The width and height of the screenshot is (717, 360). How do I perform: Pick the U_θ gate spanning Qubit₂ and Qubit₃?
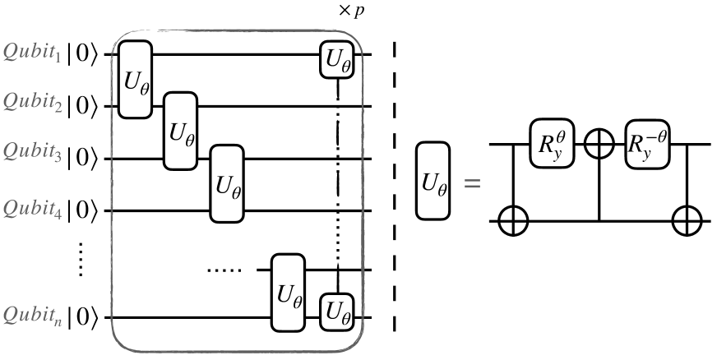(181, 132)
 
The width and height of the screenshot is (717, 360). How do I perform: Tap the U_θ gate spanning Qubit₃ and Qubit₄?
(228, 184)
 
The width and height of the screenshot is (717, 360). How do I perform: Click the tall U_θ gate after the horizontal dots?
(289, 293)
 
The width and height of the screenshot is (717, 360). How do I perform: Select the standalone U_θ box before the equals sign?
(433, 182)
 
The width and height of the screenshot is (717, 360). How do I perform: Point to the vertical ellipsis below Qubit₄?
(81, 262)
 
